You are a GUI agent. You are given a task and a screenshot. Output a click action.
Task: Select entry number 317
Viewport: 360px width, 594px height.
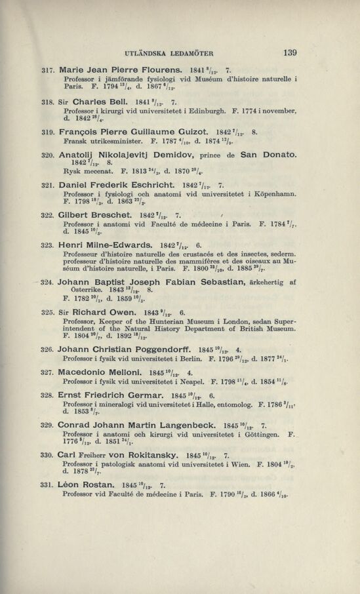point(47,69)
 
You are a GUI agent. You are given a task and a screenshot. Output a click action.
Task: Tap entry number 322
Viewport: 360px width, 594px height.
point(47,216)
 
